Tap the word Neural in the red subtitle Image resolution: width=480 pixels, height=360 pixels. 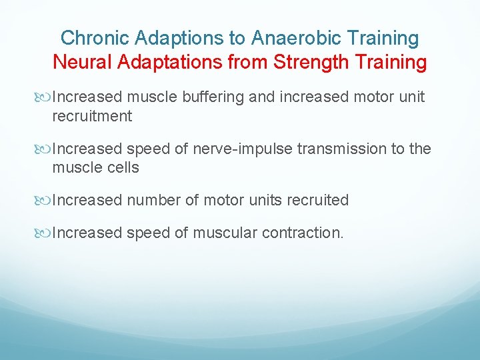coord(83,63)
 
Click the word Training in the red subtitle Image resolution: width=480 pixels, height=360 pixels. coord(389,63)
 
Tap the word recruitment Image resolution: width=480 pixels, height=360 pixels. coord(92,116)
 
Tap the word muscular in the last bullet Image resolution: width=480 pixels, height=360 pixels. coord(225,233)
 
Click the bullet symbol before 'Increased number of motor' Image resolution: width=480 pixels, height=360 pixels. coord(45,201)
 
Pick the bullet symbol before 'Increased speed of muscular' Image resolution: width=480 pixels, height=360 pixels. coord(45,233)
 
